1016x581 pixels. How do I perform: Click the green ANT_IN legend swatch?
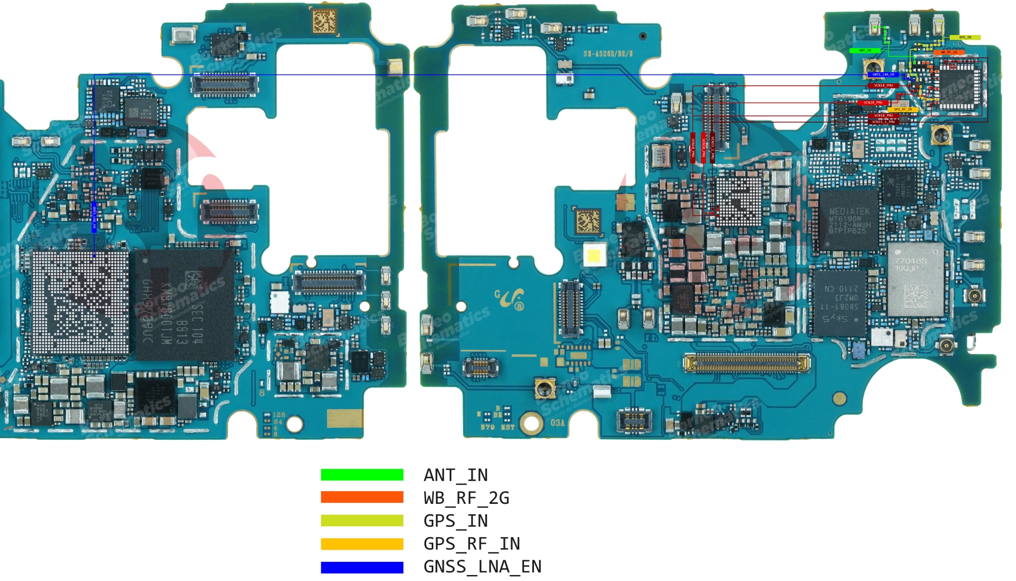(x=362, y=475)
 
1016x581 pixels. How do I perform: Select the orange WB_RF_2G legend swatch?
(x=362, y=497)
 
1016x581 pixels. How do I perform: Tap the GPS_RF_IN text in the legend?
(x=472, y=544)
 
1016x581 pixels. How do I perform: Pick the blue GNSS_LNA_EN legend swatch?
(x=362, y=567)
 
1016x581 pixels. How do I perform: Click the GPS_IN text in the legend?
(x=455, y=521)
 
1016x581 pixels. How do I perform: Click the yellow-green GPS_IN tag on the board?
(x=965, y=38)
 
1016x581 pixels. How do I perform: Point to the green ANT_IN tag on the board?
(x=865, y=50)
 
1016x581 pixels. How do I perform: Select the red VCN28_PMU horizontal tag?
(x=873, y=102)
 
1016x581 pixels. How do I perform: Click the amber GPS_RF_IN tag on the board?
(x=903, y=109)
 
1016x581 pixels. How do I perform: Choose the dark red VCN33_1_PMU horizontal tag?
(x=882, y=121)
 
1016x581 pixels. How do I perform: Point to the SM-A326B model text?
(x=607, y=54)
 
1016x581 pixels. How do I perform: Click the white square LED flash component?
(x=594, y=255)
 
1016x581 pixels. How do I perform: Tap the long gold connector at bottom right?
(x=746, y=362)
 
